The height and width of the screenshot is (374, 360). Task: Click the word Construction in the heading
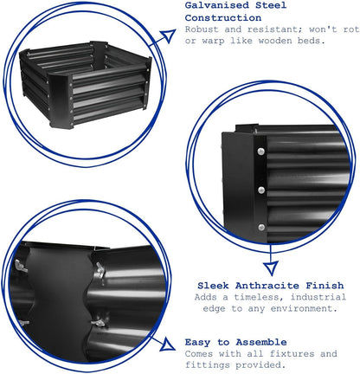(223, 18)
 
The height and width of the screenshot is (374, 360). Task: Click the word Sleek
(213, 286)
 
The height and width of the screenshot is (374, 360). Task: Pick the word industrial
(318, 297)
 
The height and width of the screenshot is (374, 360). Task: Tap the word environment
(304, 309)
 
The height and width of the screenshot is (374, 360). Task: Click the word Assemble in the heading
(261, 342)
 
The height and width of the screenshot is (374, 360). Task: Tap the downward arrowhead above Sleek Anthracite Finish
(271, 268)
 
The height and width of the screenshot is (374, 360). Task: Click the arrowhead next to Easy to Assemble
(168, 345)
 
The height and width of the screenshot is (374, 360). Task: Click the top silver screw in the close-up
(260, 152)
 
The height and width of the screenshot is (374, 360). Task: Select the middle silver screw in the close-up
(261, 190)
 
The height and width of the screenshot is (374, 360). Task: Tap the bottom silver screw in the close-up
(261, 228)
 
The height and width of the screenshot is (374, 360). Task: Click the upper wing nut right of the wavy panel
(99, 270)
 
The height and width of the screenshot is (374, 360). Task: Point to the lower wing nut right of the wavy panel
(99, 322)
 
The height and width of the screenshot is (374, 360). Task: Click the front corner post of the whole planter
(61, 101)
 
